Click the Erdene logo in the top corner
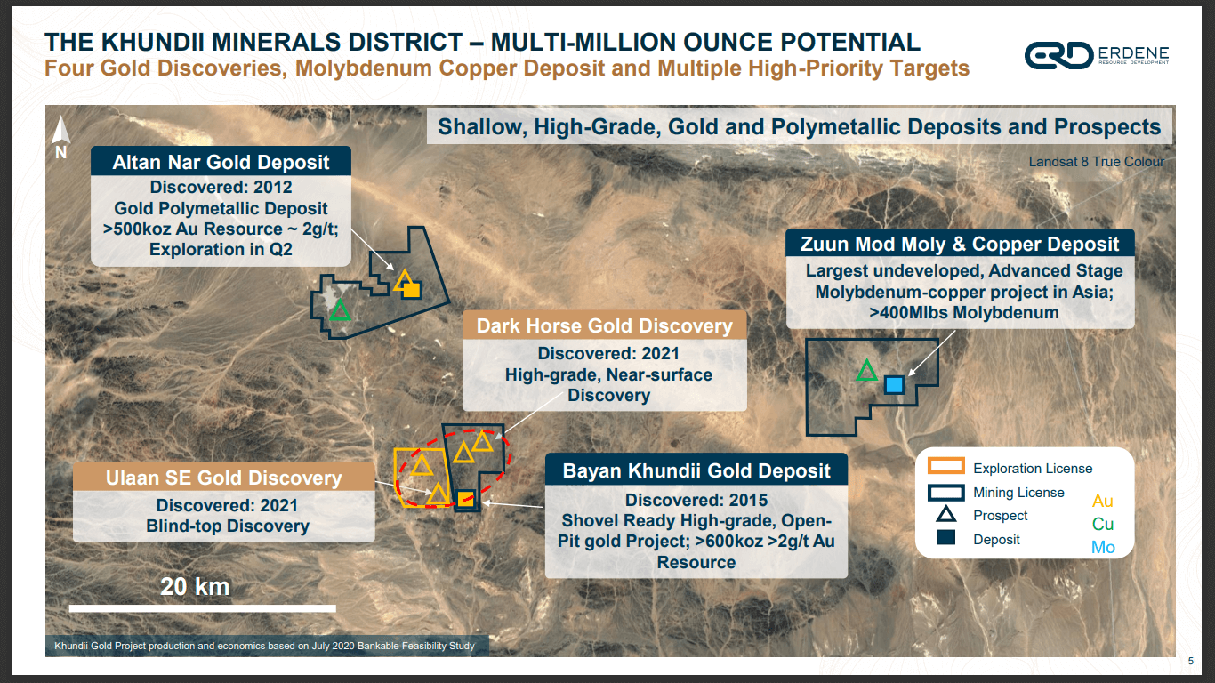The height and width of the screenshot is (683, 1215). coord(1096,55)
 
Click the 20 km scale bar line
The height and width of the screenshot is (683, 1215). coord(202,608)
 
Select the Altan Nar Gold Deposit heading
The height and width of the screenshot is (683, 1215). coord(221,162)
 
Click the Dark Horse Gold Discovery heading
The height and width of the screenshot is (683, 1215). coord(604,325)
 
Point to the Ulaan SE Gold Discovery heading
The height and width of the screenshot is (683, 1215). coord(223,478)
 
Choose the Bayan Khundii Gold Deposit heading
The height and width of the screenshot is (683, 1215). coord(696,470)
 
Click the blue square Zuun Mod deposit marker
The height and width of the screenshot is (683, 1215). coord(894,384)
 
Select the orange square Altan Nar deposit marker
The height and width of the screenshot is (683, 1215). coord(412,290)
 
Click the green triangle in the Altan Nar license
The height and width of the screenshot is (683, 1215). coord(339,310)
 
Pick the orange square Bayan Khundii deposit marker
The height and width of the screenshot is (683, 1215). coord(465,497)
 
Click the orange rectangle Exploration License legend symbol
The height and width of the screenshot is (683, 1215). coord(945,467)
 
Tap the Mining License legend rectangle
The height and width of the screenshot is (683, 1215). coord(945,492)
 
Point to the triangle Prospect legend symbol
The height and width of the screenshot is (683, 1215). coord(945,515)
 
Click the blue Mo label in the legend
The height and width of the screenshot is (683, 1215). coord(1103,547)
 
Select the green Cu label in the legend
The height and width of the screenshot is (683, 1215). coord(1103,524)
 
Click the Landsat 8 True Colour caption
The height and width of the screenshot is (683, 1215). coord(1096,162)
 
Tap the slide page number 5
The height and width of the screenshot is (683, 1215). coord(1190,661)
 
